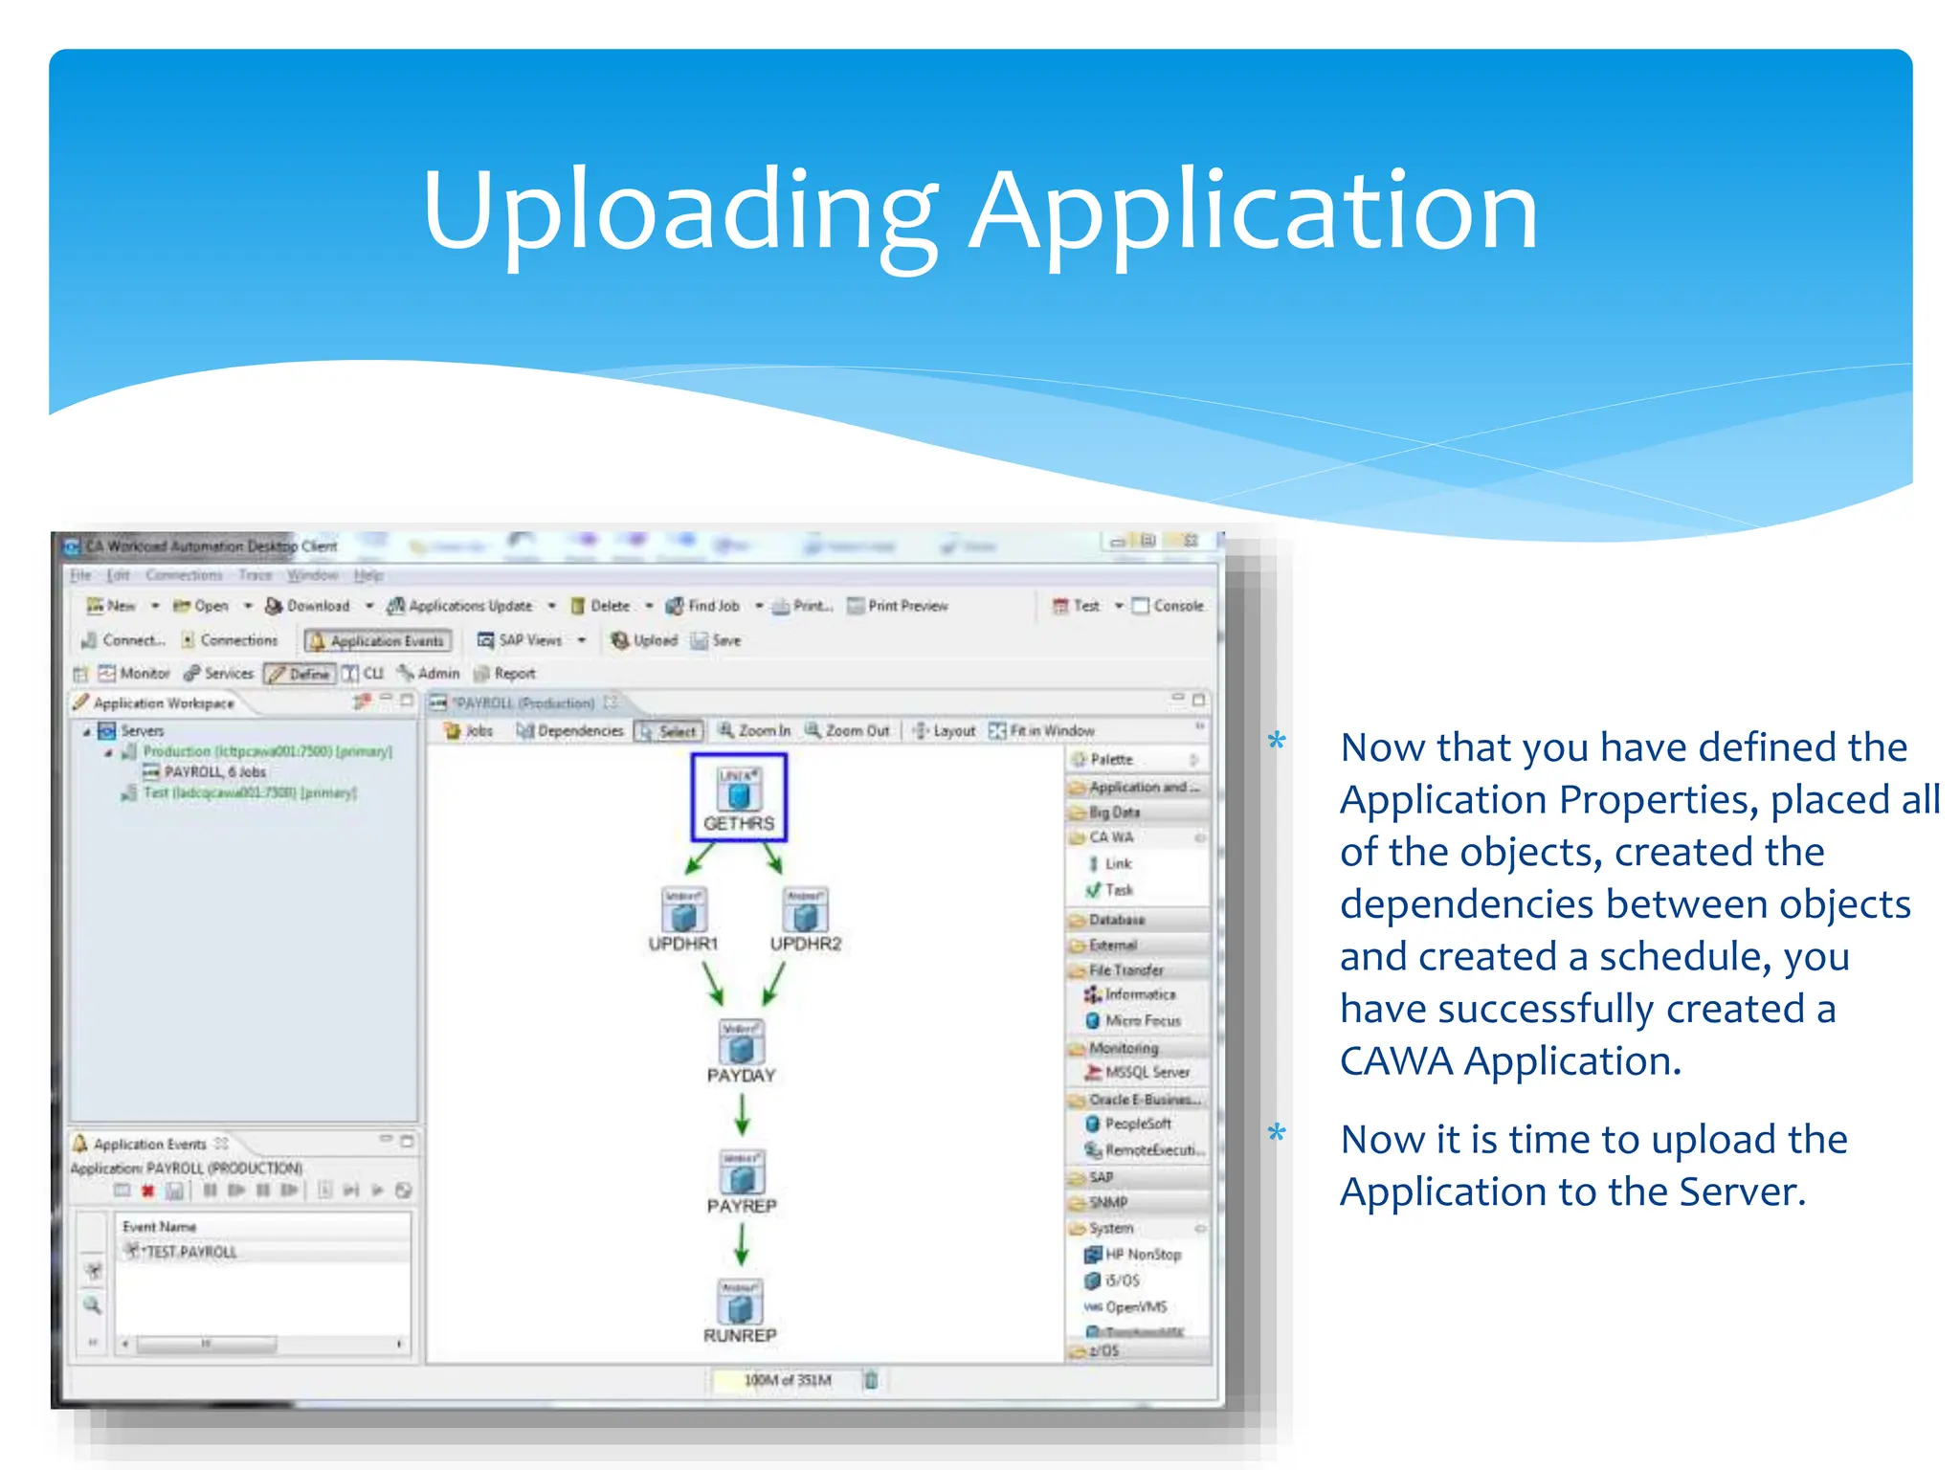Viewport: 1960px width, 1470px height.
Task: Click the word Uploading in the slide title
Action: click(x=679, y=212)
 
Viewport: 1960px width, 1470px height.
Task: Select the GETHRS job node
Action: click(x=739, y=798)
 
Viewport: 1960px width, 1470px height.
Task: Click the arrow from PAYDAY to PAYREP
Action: click(x=742, y=1113)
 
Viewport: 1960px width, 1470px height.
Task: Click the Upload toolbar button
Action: click(x=645, y=640)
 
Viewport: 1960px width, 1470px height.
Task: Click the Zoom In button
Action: click(x=755, y=730)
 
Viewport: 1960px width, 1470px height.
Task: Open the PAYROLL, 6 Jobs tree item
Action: click(x=214, y=771)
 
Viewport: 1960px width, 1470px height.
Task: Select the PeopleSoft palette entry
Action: click(x=1137, y=1124)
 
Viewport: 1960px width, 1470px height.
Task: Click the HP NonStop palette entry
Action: click(x=1142, y=1254)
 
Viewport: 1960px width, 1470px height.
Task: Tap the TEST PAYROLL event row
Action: click(x=189, y=1252)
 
